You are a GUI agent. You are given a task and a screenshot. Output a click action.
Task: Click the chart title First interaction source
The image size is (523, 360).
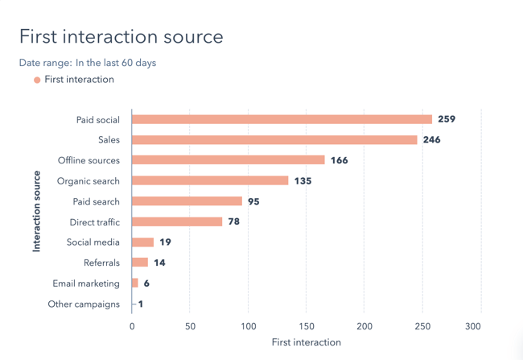point(121,37)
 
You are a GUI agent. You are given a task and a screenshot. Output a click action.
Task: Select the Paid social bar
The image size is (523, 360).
point(282,119)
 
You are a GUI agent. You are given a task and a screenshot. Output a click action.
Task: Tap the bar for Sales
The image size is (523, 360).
point(274,140)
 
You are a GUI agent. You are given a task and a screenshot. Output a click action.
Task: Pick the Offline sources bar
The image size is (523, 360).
point(229,160)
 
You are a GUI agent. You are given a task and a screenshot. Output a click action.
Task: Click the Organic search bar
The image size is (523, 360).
point(210,181)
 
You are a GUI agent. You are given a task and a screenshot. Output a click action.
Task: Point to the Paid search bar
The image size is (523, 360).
point(187,201)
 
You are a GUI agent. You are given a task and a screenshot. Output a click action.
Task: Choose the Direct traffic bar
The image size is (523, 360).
point(177,221)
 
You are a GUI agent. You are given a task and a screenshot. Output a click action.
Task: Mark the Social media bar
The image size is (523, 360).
point(142,242)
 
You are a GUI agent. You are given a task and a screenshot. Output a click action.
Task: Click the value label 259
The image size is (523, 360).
point(447,119)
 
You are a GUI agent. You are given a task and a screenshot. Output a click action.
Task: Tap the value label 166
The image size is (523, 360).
point(339,160)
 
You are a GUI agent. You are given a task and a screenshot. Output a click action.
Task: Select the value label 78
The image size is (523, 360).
point(233,221)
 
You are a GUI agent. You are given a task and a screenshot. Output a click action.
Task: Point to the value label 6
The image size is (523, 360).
point(146,283)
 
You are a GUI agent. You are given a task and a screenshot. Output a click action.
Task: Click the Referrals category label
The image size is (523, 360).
point(101,263)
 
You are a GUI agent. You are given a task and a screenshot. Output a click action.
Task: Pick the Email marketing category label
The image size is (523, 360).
point(86,283)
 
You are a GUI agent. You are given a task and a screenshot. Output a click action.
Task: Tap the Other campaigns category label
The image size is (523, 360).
point(84,304)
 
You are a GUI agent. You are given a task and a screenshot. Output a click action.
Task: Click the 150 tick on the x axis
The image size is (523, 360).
point(307,326)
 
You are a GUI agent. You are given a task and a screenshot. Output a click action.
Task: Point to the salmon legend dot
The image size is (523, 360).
point(37,80)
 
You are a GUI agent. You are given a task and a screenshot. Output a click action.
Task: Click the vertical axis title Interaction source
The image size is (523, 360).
point(36,211)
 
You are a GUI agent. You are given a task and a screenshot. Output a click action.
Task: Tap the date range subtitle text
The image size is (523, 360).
point(88,63)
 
